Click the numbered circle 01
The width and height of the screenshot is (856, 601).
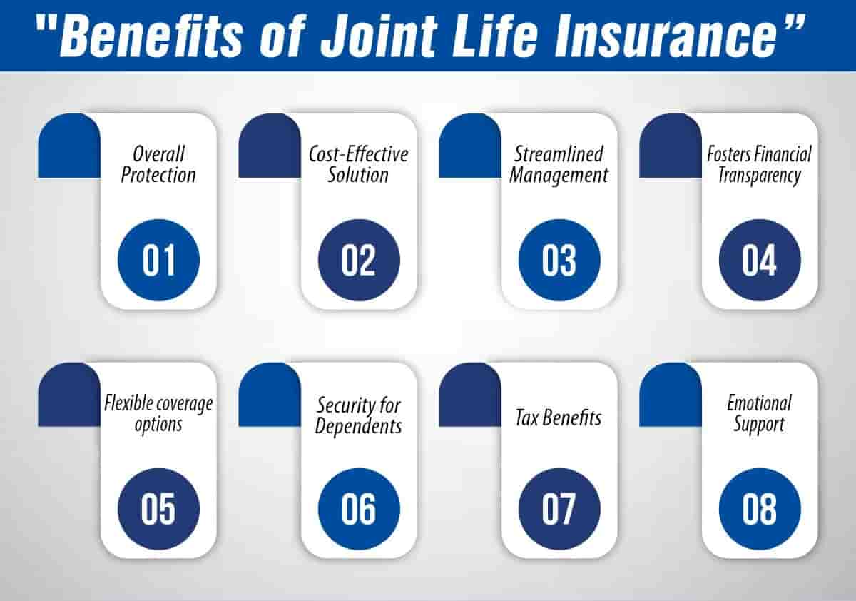click(x=158, y=260)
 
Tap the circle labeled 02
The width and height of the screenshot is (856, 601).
click(x=359, y=260)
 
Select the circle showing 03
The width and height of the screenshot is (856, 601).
click(x=559, y=260)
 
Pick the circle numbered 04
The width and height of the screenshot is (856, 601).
click(x=760, y=260)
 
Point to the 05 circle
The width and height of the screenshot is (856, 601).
click(x=158, y=510)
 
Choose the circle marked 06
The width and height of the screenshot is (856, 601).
click(x=359, y=510)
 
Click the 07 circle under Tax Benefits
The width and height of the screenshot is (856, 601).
click(x=559, y=510)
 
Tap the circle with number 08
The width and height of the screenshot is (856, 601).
click(x=760, y=510)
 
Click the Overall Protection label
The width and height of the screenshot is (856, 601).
click(x=158, y=164)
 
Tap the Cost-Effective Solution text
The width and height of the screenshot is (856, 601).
click(x=359, y=164)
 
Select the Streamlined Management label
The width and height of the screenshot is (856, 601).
click(x=559, y=164)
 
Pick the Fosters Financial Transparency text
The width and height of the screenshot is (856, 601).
click(x=760, y=164)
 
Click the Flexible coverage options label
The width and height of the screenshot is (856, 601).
click(x=158, y=414)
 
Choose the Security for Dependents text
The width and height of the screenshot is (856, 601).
click(x=359, y=415)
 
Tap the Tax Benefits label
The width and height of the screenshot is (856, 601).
click(x=559, y=418)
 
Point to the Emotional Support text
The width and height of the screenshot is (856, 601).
click(x=760, y=414)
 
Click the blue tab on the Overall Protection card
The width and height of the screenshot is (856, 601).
click(x=68, y=146)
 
